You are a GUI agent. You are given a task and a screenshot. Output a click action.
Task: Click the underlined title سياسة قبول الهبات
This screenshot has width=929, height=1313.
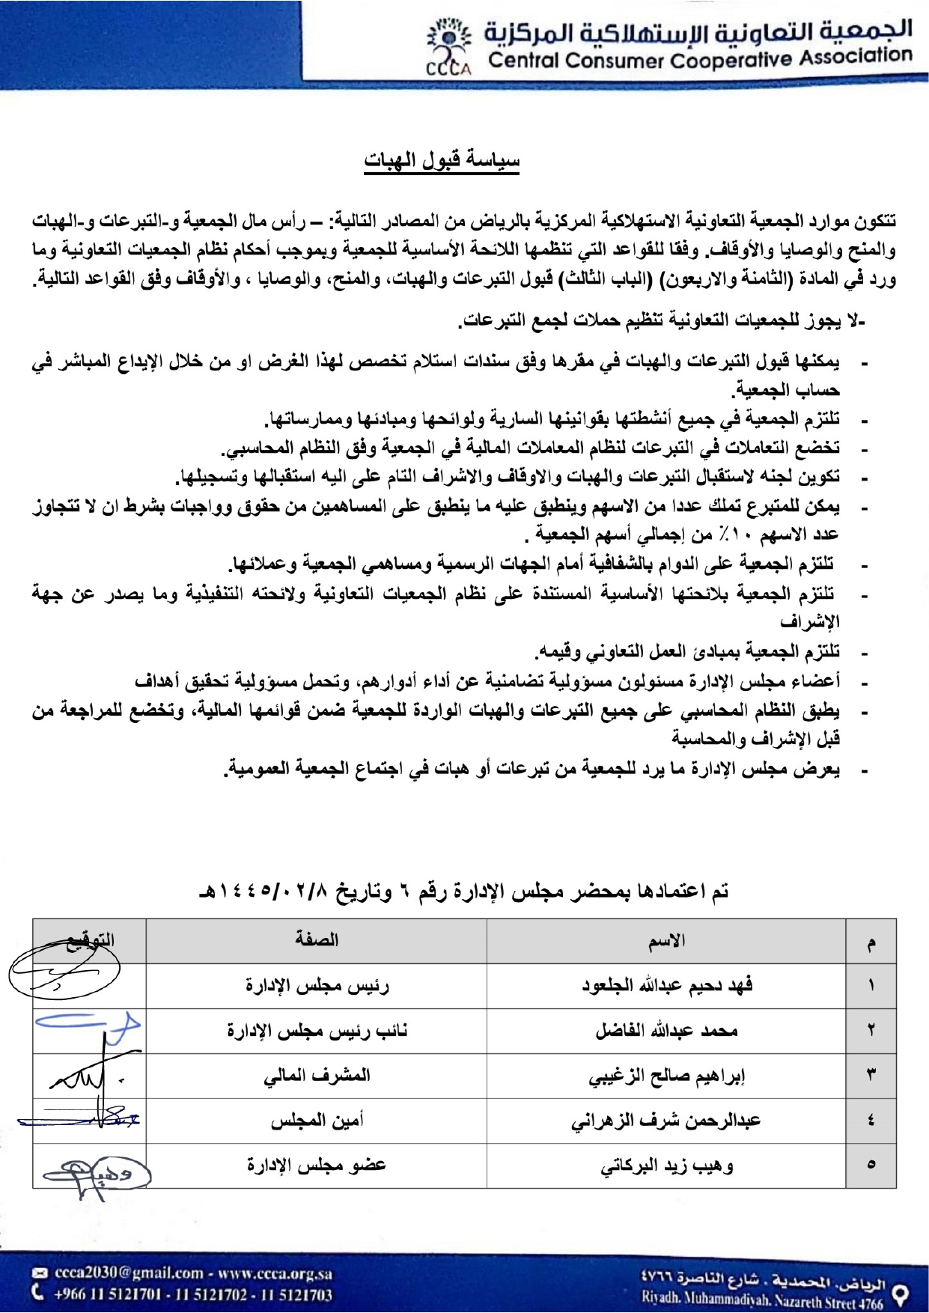(x=442, y=160)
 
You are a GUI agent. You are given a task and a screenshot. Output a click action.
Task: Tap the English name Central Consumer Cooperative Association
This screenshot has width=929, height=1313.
(x=700, y=58)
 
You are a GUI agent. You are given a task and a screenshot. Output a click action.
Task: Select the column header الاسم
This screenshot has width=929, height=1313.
(x=666, y=941)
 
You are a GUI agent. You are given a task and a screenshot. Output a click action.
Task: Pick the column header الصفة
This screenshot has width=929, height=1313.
(x=317, y=940)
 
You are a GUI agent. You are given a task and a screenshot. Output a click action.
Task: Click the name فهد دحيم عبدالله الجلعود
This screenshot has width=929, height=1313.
(x=667, y=985)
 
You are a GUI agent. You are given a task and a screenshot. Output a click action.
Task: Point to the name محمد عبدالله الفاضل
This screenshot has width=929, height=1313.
(x=666, y=1031)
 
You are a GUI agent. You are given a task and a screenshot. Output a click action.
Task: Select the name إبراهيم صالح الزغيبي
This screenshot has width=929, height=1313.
(x=666, y=1076)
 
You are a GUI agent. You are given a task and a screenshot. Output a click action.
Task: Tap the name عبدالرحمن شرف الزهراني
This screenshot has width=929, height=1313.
(x=665, y=1121)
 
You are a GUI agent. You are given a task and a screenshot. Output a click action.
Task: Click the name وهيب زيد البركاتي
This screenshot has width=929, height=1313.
(x=666, y=1166)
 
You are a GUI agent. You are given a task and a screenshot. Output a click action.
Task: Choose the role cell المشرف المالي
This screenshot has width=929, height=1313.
(x=317, y=1076)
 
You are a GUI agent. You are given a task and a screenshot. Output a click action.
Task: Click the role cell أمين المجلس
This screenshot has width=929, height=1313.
(x=317, y=1121)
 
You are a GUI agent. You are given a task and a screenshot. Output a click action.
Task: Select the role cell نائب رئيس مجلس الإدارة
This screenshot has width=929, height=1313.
(x=317, y=1031)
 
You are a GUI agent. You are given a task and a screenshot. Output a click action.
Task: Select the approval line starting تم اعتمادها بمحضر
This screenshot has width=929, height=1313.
(x=464, y=891)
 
